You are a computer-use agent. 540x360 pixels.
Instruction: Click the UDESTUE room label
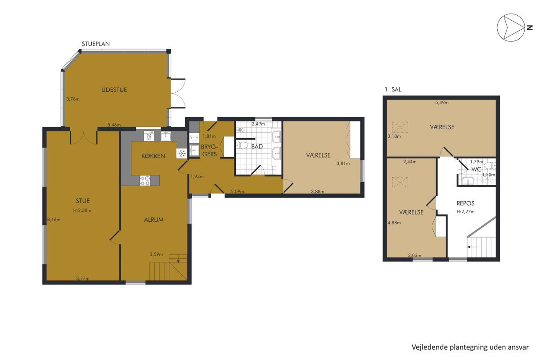click(114, 90)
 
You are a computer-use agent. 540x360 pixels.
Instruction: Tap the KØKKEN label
click(153, 156)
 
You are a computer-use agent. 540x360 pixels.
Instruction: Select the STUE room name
click(83, 201)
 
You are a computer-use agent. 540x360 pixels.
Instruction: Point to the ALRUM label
click(154, 220)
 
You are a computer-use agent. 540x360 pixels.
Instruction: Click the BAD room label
click(257, 146)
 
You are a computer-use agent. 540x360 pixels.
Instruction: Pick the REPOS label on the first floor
click(465, 203)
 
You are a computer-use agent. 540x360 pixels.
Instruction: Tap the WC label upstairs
click(477, 169)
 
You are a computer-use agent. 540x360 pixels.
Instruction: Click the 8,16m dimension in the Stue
click(54, 220)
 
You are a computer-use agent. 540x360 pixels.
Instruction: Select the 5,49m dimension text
click(442, 103)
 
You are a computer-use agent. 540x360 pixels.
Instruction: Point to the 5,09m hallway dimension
click(238, 191)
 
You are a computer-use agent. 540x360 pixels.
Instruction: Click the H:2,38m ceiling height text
click(82, 210)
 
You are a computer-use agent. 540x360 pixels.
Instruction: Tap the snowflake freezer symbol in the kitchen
click(182, 153)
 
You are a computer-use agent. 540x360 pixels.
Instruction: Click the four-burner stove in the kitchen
click(145, 180)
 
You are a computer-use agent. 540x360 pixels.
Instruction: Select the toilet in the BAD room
click(242, 145)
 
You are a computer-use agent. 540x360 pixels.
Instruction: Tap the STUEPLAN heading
click(96, 44)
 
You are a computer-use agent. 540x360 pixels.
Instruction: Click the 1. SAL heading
click(393, 90)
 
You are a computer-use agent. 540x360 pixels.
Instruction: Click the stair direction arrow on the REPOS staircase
click(472, 247)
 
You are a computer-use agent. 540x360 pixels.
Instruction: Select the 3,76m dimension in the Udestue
click(73, 99)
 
